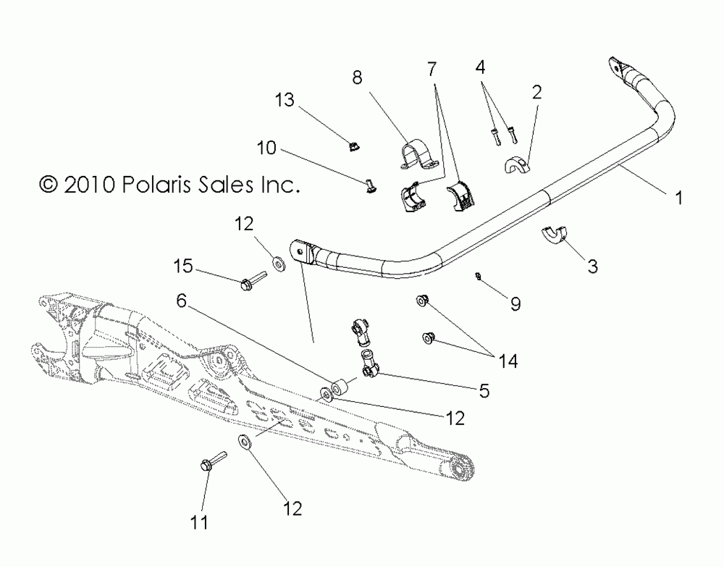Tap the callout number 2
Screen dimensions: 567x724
(x=536, y=93)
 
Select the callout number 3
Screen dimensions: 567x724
(x=592, y=266)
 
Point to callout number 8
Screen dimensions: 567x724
(x=357, y=77)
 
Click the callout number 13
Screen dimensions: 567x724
(x=285, y=100)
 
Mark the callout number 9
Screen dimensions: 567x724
(x=515, y=305)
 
